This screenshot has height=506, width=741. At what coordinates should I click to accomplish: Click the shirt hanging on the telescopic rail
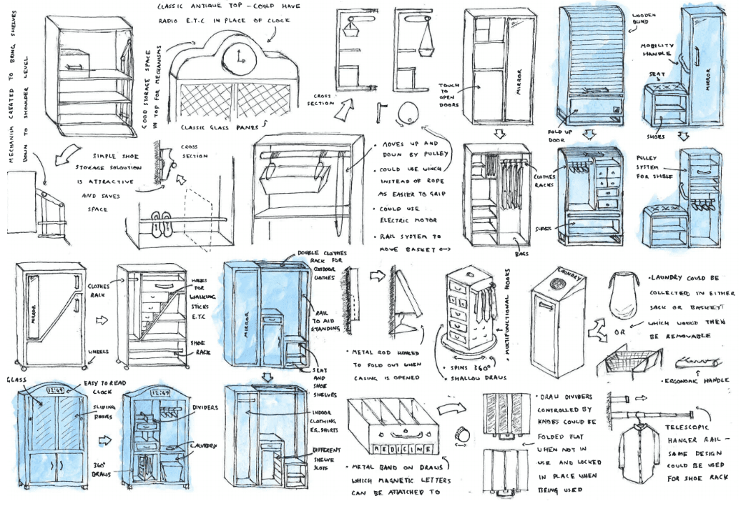[640, 452]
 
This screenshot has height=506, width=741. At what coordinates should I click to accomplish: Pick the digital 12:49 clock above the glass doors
[56, 391]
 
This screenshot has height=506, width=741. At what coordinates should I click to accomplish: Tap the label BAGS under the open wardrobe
[521, 253]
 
